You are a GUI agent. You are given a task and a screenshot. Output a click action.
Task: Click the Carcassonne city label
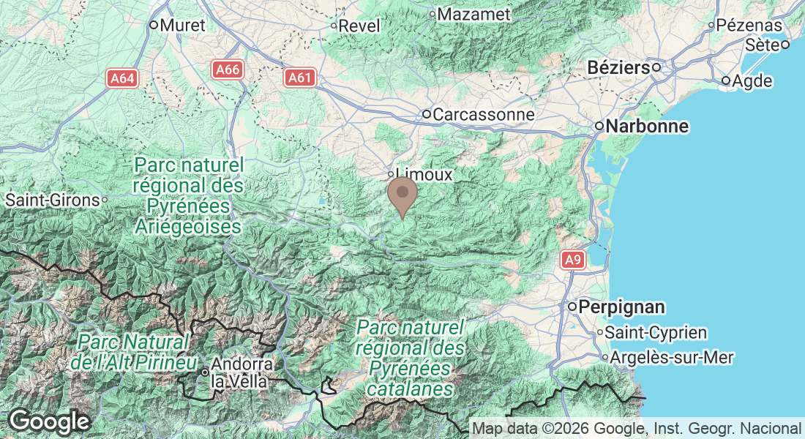click(484, 115)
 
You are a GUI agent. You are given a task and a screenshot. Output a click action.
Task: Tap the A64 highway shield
click(122, 78)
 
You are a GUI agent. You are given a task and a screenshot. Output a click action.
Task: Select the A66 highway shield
click(228, 70)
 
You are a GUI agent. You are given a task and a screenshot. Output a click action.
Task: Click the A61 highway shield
click(299, 78)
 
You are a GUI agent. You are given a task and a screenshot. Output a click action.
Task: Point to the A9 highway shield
click(573, 259)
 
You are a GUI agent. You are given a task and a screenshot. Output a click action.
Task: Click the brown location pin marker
click(402, 195)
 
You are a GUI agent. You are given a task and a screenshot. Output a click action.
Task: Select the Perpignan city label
click(621, 307)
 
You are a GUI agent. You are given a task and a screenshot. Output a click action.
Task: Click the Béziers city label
click(618, 68)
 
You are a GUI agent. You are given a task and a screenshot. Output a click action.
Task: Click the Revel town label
click(360, 26)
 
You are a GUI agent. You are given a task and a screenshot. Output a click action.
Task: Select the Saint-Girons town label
click(52, 199)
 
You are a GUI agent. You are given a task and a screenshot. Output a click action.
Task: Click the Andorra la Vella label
click(242, 372)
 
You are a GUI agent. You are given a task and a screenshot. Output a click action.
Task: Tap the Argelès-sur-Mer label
click(672, 358)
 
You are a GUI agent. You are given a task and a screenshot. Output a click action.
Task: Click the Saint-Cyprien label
click(656, 333)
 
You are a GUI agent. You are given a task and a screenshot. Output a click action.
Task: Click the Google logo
click(48, 421)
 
